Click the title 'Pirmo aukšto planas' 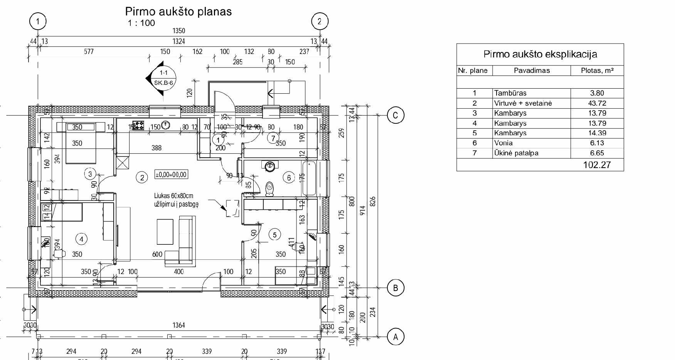pos(178,12)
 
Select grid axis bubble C pos(395,115)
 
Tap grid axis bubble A pos(395,337)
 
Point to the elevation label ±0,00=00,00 pos(171,174)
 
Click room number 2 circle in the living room pos(142,177)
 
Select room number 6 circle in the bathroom pos(289,177)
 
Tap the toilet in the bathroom pos(270,188)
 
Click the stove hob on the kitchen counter pos(138,125)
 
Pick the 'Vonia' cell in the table pos(503,143)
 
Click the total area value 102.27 pos(597,165)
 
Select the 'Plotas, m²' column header pos(597,71)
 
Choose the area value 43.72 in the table pos(597,103)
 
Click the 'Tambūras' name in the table pos(510,93)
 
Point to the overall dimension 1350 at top pos(178,31)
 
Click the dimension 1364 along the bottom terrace pos(178,325)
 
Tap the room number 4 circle pos(81,239)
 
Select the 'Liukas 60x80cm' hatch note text pos(173,196)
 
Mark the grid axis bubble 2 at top pos(319,22)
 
